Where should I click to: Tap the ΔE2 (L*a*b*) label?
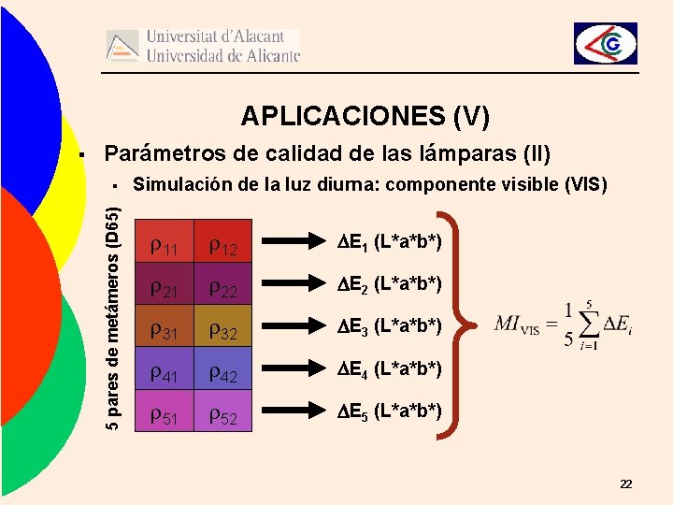388,283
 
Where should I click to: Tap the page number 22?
625,483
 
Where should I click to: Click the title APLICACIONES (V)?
365,116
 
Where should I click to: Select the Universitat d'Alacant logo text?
222,45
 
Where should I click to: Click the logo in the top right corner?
605,43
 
